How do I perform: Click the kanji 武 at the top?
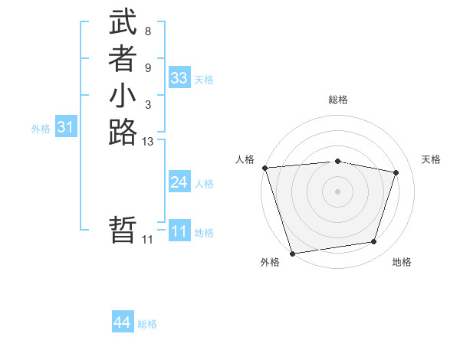pyautogui.click(x=123, y=23)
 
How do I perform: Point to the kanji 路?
pyautogui.click(x=123, y=132)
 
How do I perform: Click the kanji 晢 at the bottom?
pyautogui.click(x=123, y=231)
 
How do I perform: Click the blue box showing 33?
pyautogui.click(x=179, y=78)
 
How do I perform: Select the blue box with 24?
pyautogui.click(x=179, y=182)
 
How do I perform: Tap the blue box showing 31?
pyautogui.click(x=65, y=128)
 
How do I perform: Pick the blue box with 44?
pyautogui.click(x=123, y=323)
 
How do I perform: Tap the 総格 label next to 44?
pyautogui.click(x=147, y=324)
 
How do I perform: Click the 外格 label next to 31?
pyautogui.click(x=41, y=129)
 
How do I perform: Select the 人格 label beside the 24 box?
pyautogui.click(x=204, y=184)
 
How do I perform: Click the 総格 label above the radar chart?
pyautogui.click(x=338, y=100)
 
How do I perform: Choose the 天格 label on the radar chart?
pyautogui.click(x=431, y=159)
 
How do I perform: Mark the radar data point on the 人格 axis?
pyautogui.click(x=264, y=168)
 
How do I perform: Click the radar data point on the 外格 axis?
pyautogui.click(x=293, y=253)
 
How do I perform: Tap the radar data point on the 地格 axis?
pyautogui.click(x=374, y=242)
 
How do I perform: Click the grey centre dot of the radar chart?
pyautogui.click(x=338, y=191)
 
